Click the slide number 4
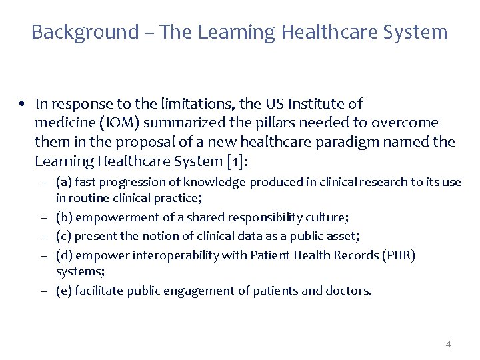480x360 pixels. click(x=448, y=344)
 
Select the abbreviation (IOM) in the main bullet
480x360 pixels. click(x=119, y=123)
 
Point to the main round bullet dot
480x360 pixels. click(x=23, y=104)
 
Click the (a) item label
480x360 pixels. click(x=64, y=181)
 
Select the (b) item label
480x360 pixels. click(x=65, y=217)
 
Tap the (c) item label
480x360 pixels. click(x=64, y=236)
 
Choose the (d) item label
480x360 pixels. click(x=65, y=255)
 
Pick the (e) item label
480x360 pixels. click(x=65, y=291)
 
